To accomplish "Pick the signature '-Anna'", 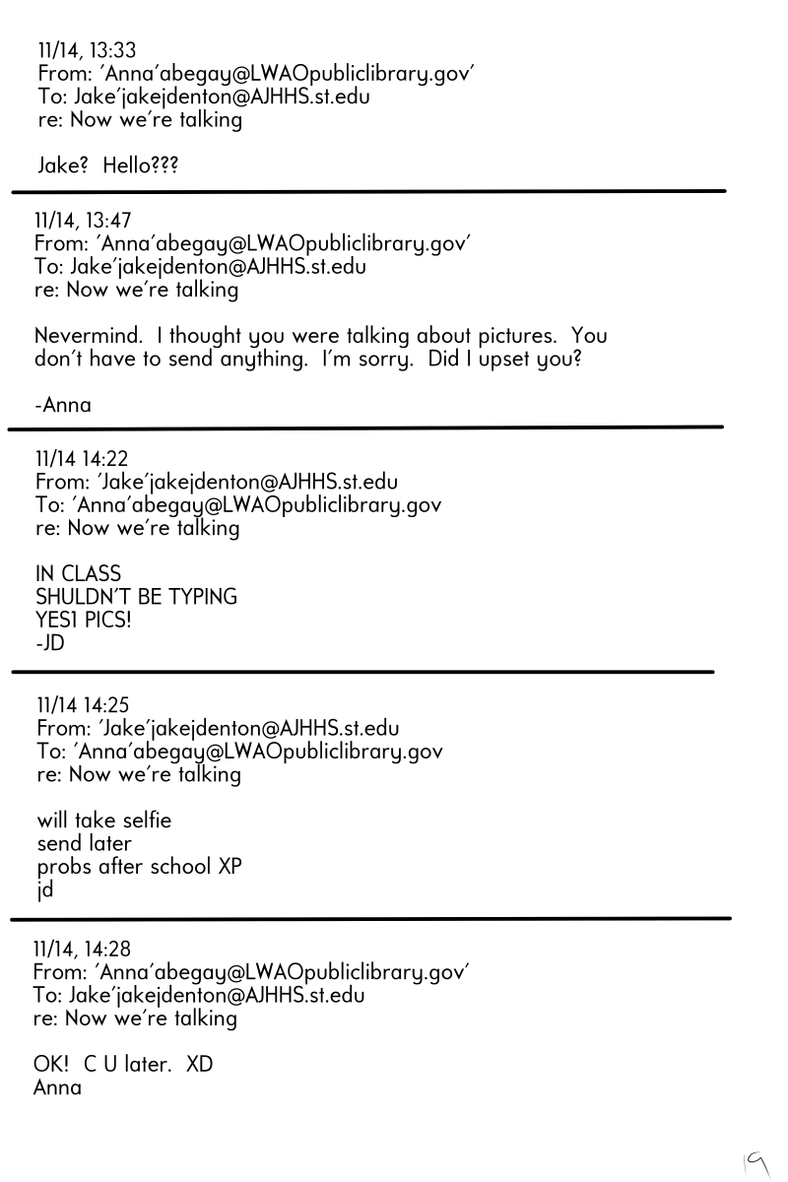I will [x=63, y=405].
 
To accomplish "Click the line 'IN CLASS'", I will [x=79, y=574].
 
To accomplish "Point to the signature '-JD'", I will [x=49, y=644].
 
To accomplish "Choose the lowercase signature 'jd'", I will [x=45, y=890].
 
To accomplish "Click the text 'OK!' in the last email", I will [x=51, y=1066].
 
